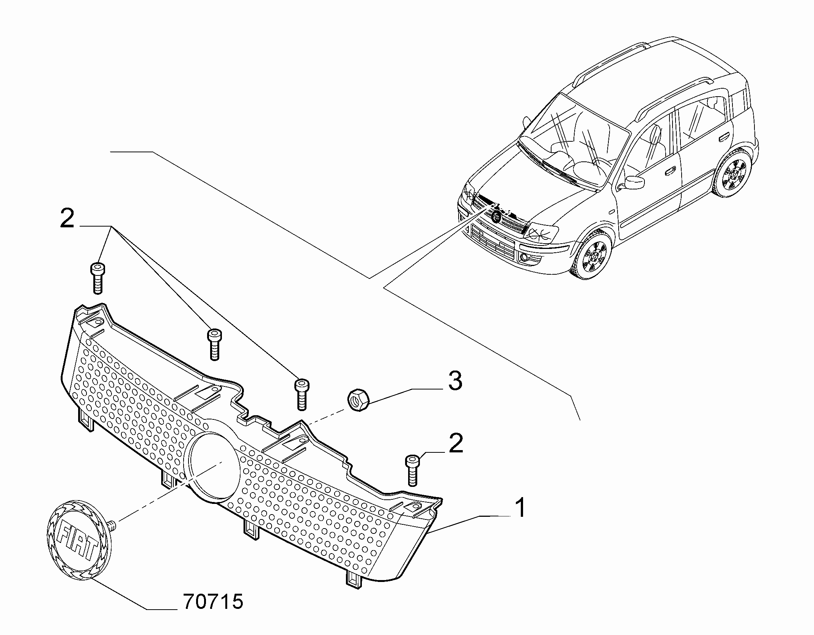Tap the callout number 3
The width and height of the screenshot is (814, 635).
pyautogui.click(x=455, y=381)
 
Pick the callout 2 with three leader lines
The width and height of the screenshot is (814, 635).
pyautogui.click(x=67, y=219)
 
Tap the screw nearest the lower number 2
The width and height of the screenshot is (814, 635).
pyautogui.click(x=412, y=470)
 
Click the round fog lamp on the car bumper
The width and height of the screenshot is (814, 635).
pyautogui.click(x=524, y=258)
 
